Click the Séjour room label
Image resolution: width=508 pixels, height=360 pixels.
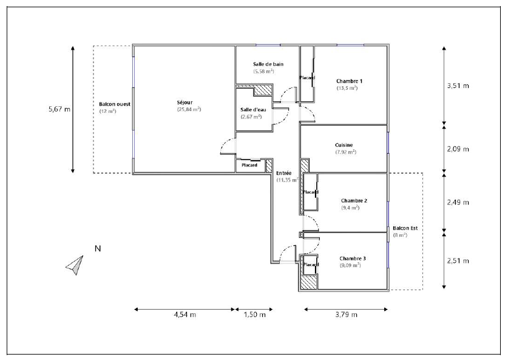185,103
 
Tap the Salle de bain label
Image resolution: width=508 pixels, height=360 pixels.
268,64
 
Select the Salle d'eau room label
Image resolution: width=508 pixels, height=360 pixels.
253,110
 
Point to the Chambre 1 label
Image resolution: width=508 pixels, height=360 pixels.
349,81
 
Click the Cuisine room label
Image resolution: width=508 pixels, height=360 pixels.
344,145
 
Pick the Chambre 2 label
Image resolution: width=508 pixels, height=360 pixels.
354,200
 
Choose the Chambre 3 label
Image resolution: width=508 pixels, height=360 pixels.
353,258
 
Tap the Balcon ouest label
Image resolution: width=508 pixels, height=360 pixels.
115,104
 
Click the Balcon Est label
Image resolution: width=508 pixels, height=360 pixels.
405,228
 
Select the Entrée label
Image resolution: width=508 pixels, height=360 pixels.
284,173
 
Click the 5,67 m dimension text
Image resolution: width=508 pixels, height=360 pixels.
59,109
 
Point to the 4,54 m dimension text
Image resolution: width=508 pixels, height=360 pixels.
185,314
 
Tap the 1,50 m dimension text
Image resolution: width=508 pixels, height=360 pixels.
255,314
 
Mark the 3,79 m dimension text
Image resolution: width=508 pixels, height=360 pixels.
347,314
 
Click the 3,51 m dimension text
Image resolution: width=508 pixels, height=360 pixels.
458,86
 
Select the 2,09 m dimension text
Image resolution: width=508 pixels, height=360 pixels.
458,149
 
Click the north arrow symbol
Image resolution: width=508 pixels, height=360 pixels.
75,265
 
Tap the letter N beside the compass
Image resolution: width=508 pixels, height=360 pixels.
98,248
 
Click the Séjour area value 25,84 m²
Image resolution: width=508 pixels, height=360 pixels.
189,109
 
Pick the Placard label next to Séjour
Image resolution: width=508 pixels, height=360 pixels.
249,165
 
